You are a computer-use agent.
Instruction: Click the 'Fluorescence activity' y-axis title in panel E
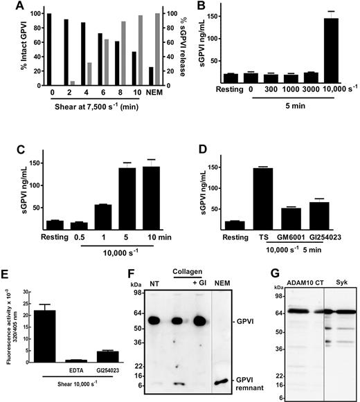click(x=7, y=325)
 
